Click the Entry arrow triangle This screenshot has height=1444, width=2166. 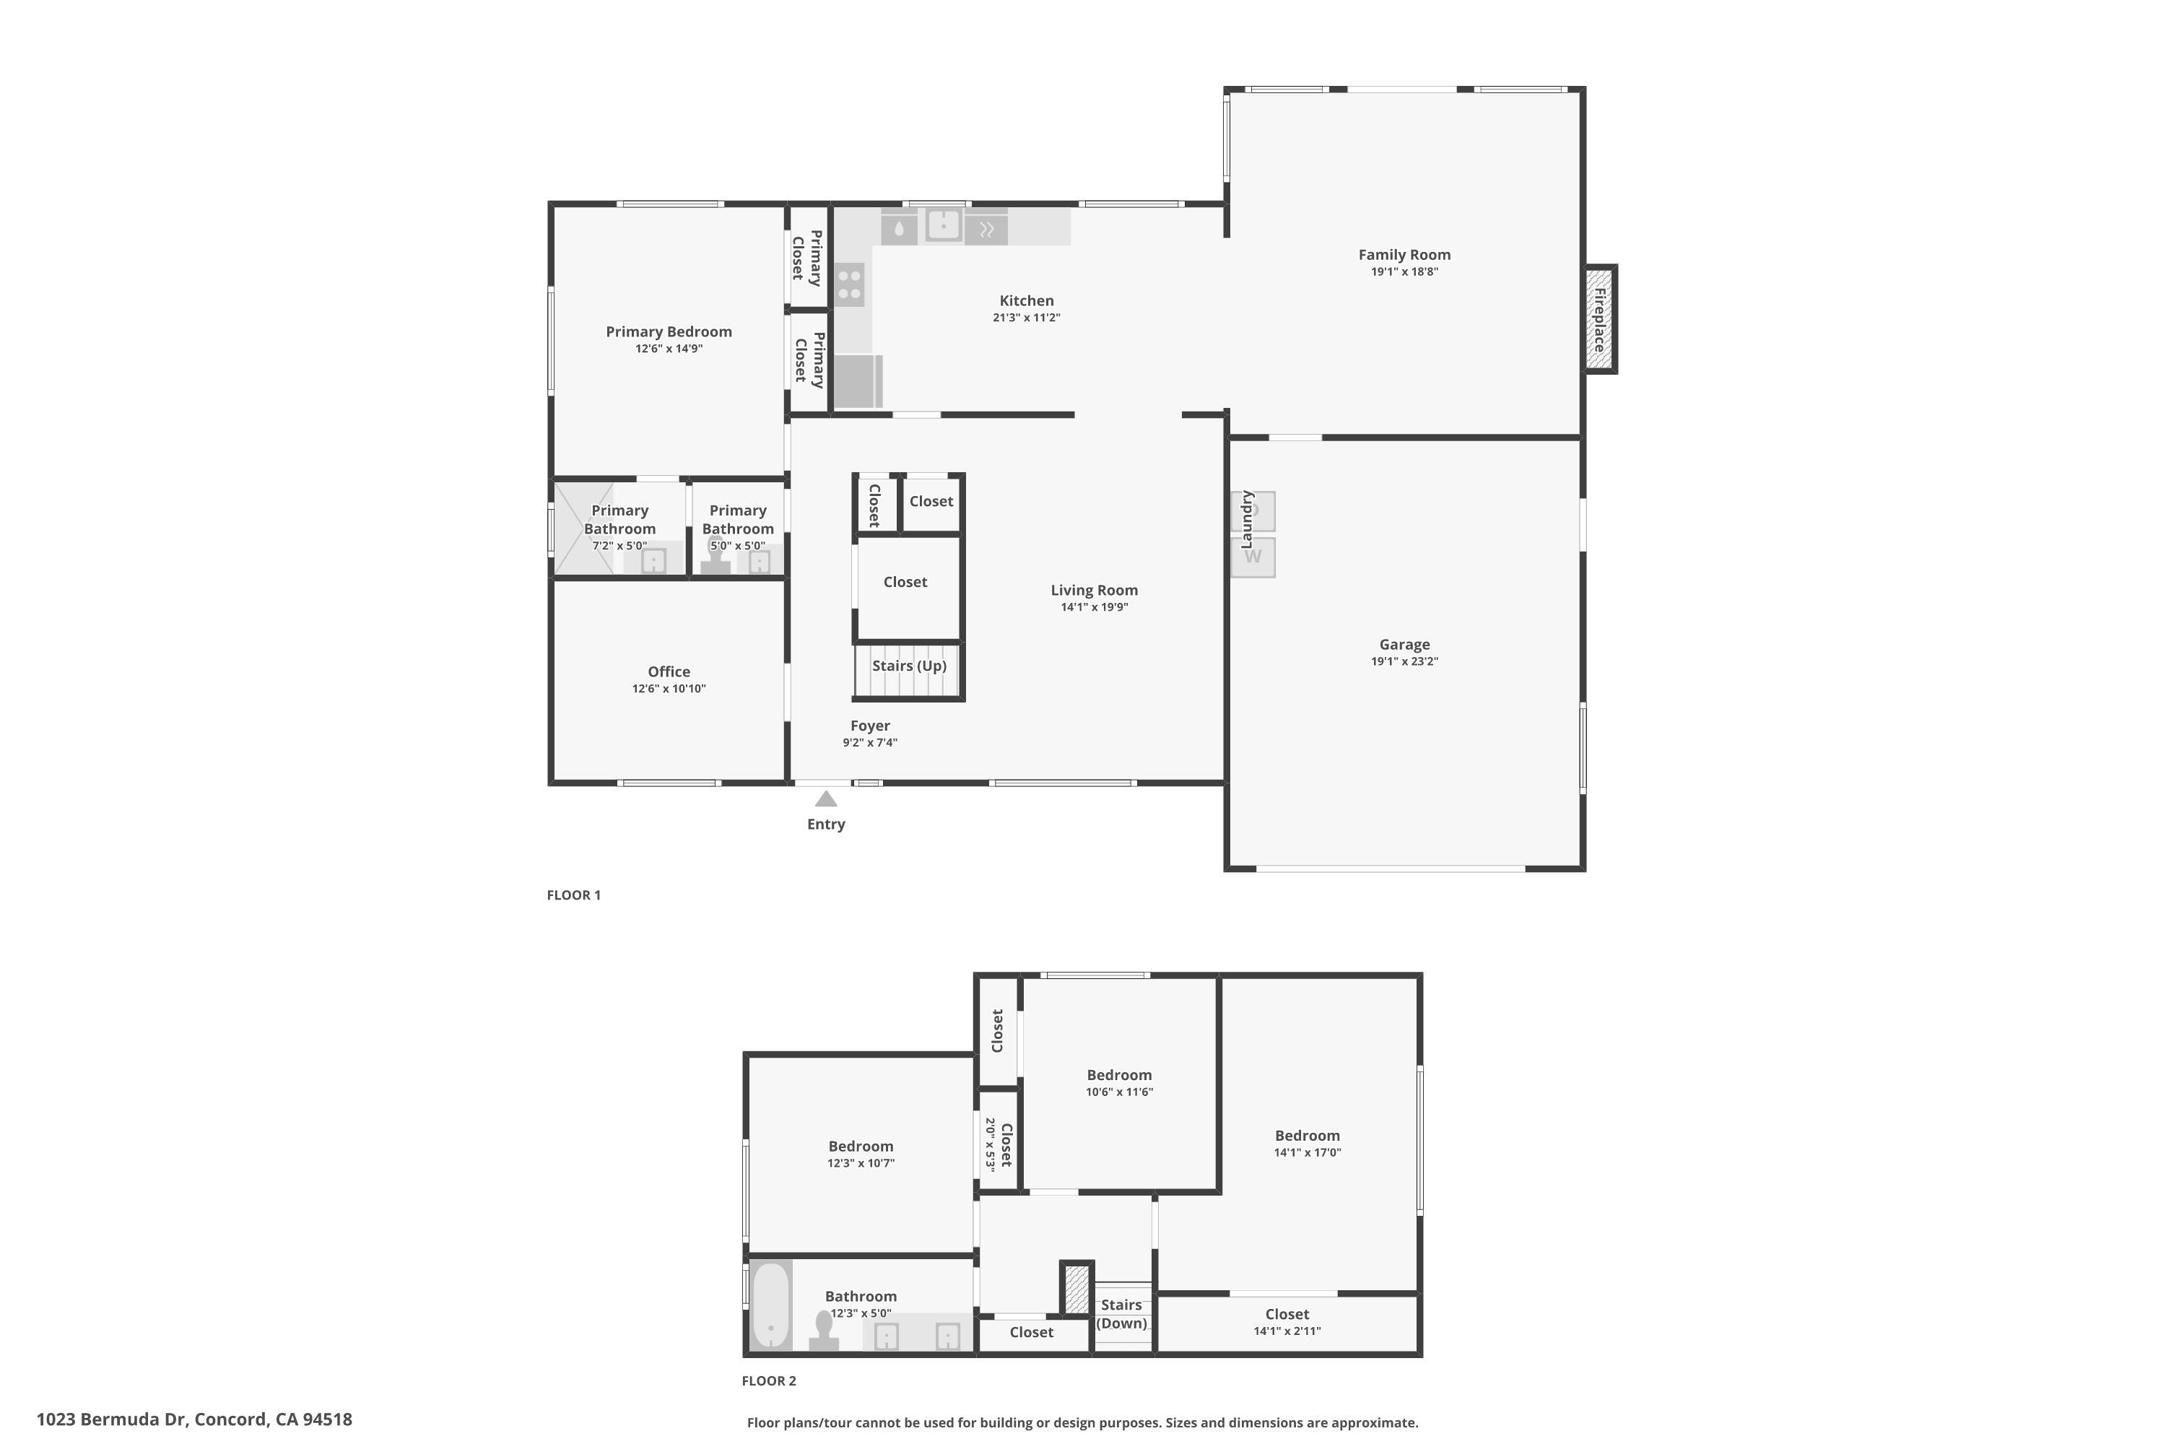click(x=826, y=799)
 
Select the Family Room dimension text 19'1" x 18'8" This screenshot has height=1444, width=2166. click(x=1404, y=271)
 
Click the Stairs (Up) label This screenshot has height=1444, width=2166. click(x=909, y=666)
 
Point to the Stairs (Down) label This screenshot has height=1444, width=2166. click(x=1122, y=1314)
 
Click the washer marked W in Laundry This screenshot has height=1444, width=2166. click(x=1253, y=557)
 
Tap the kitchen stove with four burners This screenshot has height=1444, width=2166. click(x=850, y=284)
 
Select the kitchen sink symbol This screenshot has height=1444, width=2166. click(x=944, y=225)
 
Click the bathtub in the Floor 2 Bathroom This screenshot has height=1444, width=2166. click(x=771, y=1306)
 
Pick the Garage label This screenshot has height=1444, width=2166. click(x=1404, y=645)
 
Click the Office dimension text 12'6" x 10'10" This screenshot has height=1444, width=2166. click(x=669, y=689)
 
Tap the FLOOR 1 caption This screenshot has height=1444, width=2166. click(x=574, y=895)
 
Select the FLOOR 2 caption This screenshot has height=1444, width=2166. click(x=769, y=1380)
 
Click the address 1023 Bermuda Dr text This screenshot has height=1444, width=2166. click(x=194, y=1419)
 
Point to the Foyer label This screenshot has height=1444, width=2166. click(x=870, y=726)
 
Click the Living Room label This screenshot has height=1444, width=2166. click(x=1094, y=591)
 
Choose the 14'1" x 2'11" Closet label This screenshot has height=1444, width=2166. click(x=1287, y=1314)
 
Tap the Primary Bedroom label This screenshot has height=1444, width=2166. click(x=669, y=331)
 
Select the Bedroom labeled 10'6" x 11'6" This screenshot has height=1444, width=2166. click(x=1119, y=1075)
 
